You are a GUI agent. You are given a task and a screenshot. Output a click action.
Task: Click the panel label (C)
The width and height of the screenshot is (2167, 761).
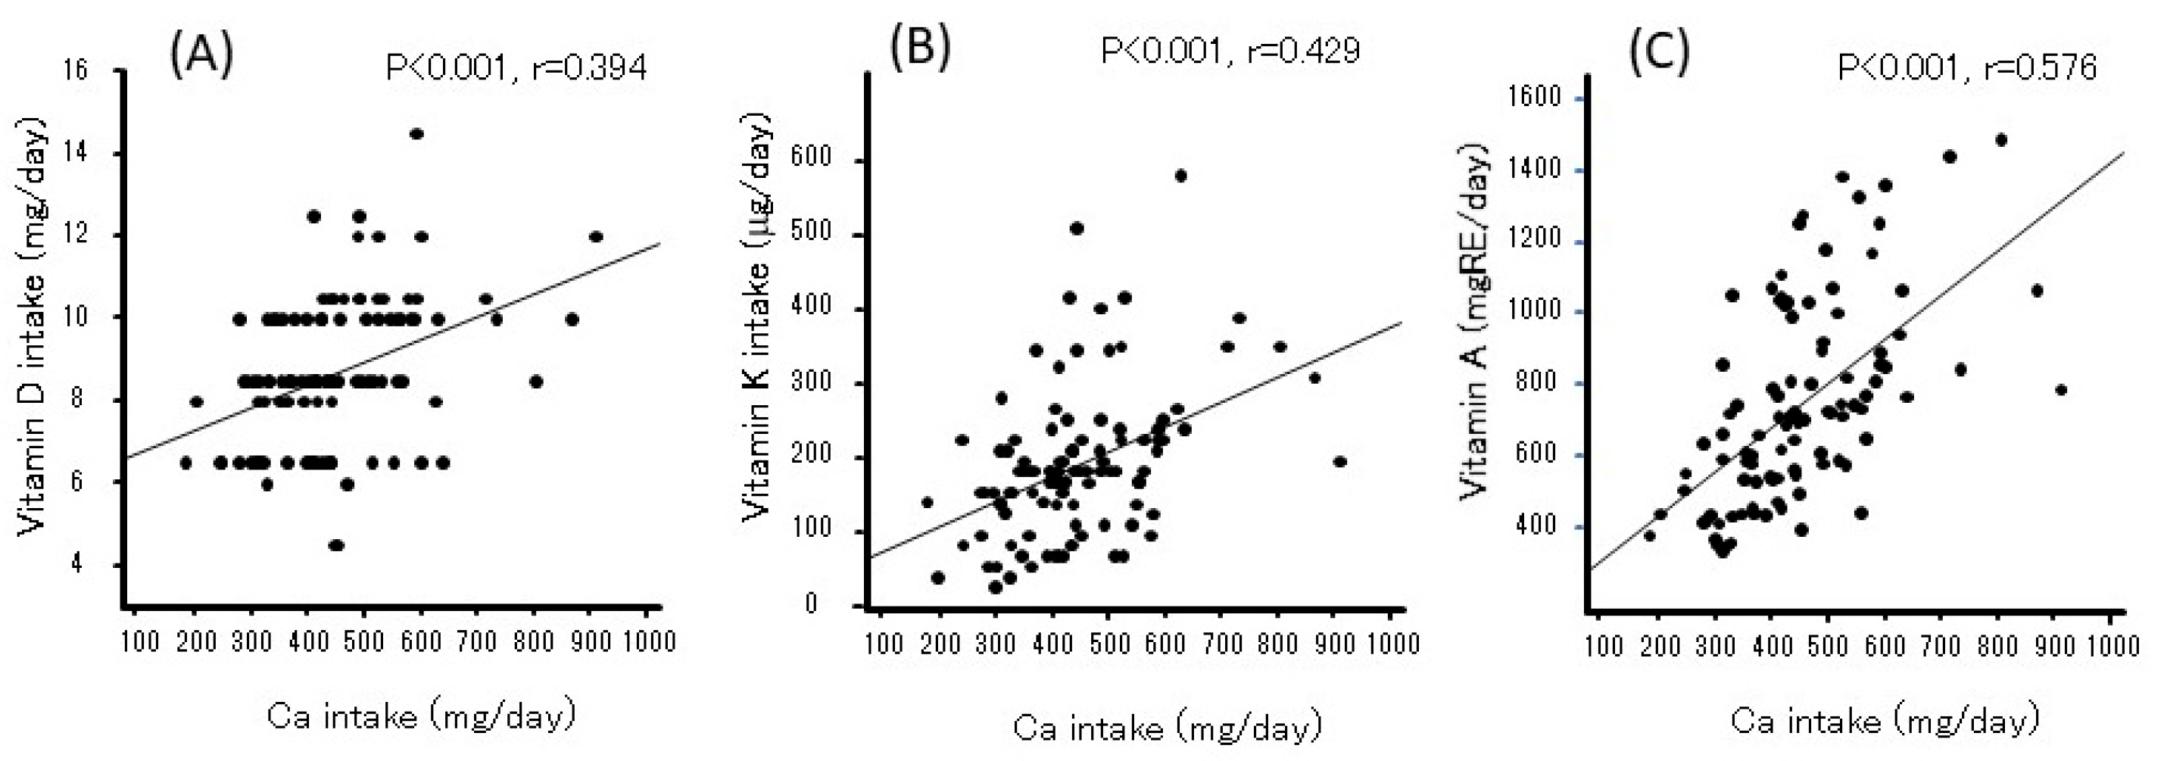coord(1659,53)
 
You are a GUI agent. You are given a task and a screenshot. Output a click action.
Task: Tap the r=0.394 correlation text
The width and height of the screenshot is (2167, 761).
coord(590,68)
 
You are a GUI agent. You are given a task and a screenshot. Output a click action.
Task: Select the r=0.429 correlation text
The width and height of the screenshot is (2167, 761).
coord(1303,51)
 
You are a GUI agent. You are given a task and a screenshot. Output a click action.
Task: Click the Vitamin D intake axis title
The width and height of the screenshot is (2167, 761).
coord(32,324)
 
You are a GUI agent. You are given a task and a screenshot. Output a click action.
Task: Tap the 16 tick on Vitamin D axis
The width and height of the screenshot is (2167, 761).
coord(76,70)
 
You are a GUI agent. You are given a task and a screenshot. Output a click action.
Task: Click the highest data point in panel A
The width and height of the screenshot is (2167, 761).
coord(416,134)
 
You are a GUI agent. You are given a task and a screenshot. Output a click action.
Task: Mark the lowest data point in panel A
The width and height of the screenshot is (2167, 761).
coord(336,545)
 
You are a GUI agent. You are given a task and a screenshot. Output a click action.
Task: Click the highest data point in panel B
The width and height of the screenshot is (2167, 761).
coord(1180,176)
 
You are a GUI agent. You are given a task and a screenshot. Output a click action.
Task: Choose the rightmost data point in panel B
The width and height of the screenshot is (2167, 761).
coord(1340,462)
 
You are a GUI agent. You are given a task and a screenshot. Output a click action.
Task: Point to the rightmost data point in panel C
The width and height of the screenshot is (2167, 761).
coord(2060,390)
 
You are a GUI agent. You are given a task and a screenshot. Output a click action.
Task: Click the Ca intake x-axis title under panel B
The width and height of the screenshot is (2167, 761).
coord(1168,728)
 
